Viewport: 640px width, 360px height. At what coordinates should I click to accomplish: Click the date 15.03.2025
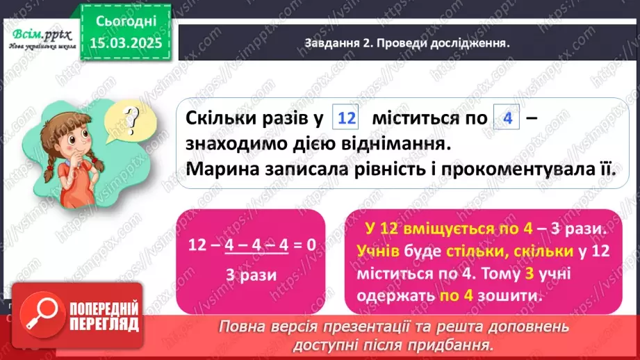click(126, 44)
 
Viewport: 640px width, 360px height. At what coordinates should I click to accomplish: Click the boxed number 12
click(345, 118)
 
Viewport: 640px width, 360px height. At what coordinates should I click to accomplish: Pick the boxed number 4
click(507, 118)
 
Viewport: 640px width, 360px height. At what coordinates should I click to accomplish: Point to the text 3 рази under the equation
click(251, 275)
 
